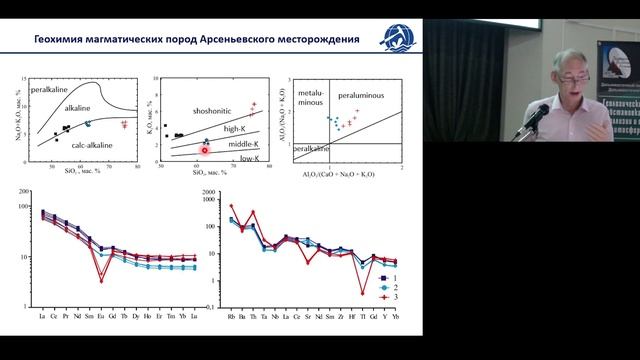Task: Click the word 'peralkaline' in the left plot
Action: click(x=51, y=89)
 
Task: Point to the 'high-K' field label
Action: click(x=234, y=129)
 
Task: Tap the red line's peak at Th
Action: click(x=253, y=212)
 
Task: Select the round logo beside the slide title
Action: click(x=392, y=40)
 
